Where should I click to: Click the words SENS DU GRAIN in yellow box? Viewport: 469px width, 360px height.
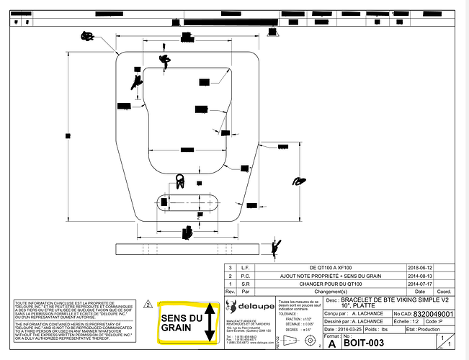coord(182,323)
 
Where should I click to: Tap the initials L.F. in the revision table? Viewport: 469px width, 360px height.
coord(244,267)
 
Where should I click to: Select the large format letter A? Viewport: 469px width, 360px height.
coord(331,344)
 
